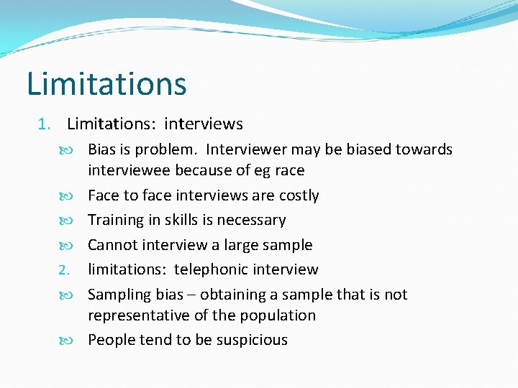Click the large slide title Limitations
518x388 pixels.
[106, 83]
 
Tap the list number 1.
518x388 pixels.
[42, 124]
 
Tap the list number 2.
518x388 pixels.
[62, 270]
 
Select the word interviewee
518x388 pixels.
[129, 170]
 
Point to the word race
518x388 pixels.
[288, 170]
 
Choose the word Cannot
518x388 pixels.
[113, 245]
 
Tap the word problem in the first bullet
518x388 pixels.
[168, 149]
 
